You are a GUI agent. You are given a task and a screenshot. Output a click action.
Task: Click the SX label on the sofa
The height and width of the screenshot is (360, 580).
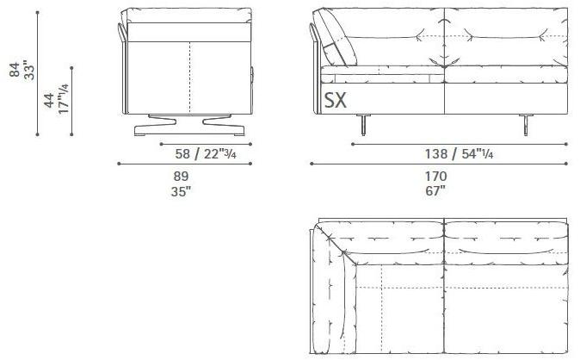pos(336,101)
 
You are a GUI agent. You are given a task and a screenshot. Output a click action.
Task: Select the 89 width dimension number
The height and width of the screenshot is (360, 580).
pos(181,177)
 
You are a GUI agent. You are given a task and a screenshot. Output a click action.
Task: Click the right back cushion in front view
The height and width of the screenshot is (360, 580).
pos(505,39)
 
